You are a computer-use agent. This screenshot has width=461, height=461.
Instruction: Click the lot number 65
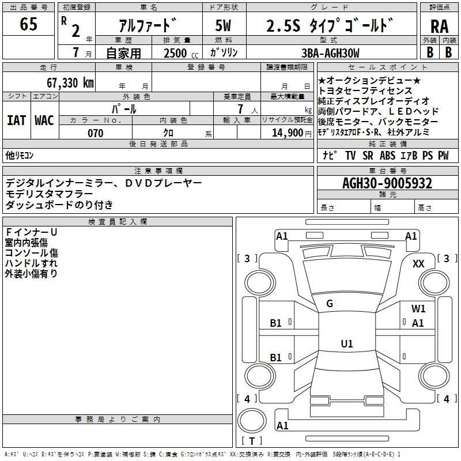click(28, 24)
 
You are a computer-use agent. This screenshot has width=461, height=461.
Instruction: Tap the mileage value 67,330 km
click(68, 82)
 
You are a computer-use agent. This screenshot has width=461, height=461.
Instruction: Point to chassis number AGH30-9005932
click(387, 183)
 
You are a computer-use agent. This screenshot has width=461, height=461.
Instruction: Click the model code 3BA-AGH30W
click(331, 53)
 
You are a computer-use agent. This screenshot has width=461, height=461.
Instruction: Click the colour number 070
click(95, 133)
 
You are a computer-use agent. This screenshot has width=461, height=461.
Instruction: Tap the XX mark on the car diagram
click(419, 263)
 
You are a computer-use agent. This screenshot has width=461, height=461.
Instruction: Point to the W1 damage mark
click(419, 308)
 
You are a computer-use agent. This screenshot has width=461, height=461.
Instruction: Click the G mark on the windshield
click(330, 303)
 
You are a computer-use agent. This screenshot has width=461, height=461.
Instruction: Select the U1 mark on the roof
click(347, 344)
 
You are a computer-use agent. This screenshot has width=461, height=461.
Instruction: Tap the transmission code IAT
click(16, 120)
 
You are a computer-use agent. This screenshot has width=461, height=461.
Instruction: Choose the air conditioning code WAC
click(44, 120)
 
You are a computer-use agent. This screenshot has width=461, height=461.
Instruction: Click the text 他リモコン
click(20, 156)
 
